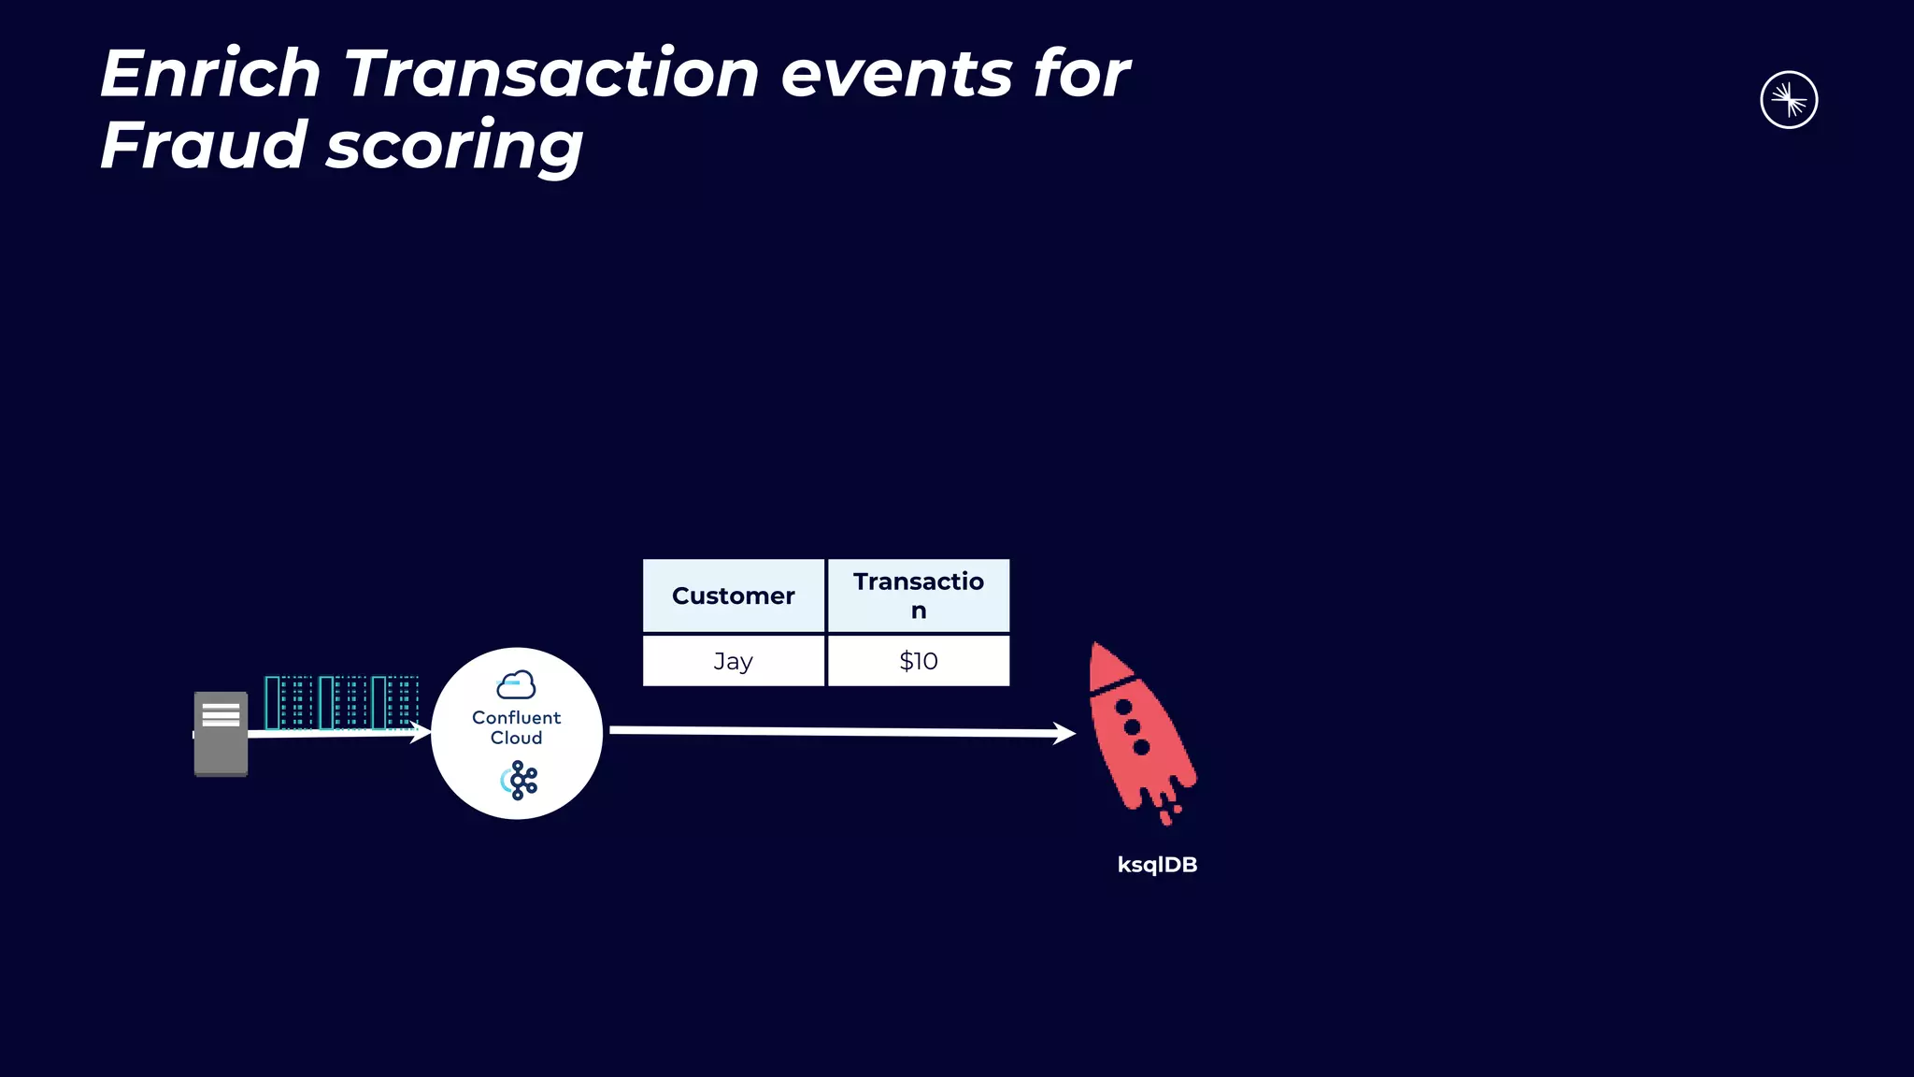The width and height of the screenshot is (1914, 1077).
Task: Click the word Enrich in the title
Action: pos(210,74)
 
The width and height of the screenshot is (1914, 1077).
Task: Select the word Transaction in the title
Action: pos(551,74)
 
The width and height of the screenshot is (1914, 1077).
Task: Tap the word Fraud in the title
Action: pos(203,146)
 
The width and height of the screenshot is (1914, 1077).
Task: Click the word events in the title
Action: pos(896,74)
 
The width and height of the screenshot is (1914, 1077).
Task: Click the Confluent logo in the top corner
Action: pos(1788,100)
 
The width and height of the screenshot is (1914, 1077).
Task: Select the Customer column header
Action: pos(734,596)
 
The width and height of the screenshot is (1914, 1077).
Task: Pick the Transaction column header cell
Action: pos(918,596)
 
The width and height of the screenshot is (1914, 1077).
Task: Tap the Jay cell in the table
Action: pos(734,661)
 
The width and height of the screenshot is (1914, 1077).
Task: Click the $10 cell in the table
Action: pos(918,661)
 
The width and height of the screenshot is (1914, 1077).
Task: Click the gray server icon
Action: pos(221,734)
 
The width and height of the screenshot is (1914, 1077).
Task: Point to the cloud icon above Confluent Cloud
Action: pos(516,685)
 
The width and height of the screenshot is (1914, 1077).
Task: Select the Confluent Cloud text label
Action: pos(516,727)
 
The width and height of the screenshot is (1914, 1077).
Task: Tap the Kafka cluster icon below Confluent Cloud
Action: pos(520,781)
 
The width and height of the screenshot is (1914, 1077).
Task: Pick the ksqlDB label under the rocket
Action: pos(1157,865)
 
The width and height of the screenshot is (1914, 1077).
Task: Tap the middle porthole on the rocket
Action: pos(1133,727)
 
